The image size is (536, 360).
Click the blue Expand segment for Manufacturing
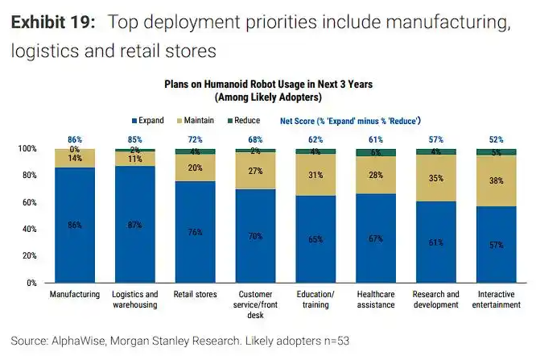75,226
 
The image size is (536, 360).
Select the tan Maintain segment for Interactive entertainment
497,181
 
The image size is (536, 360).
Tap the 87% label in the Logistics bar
135,226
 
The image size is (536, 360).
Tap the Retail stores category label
196,295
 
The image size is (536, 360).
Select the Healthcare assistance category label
376,300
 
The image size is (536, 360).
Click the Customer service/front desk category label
255,304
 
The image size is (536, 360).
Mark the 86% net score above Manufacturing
75,139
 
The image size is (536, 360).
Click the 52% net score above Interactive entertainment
497,139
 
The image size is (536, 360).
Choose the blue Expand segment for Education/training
316,239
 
